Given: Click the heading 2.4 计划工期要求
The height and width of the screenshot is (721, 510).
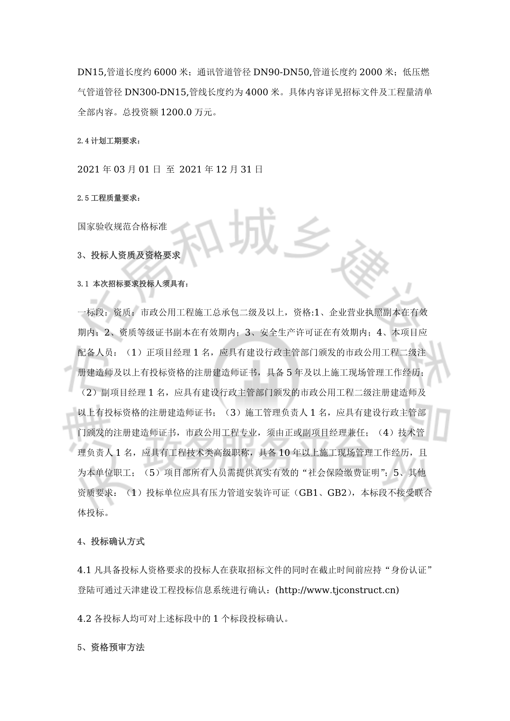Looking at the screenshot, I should click(108, 141).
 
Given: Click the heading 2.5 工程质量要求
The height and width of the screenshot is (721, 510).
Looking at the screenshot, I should click(108, 198).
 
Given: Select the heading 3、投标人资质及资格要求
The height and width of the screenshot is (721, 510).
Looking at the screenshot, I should click(129, 255).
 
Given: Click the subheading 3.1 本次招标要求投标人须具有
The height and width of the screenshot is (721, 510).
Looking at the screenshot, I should click(133, 284).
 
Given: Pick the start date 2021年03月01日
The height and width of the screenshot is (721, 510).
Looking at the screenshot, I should click(119, 170).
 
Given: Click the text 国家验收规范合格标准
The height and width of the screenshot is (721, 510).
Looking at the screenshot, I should click(122, 226).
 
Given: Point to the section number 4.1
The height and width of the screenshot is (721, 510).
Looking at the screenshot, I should click(84, 570).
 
